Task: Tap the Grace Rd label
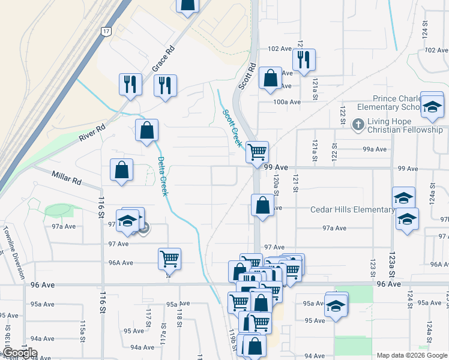162,59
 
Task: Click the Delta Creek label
161,176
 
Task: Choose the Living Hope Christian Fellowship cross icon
358,125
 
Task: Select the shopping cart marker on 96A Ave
170,259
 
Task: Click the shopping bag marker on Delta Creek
146,130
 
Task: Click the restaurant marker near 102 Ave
304,59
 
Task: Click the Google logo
20,353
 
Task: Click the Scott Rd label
247,76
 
